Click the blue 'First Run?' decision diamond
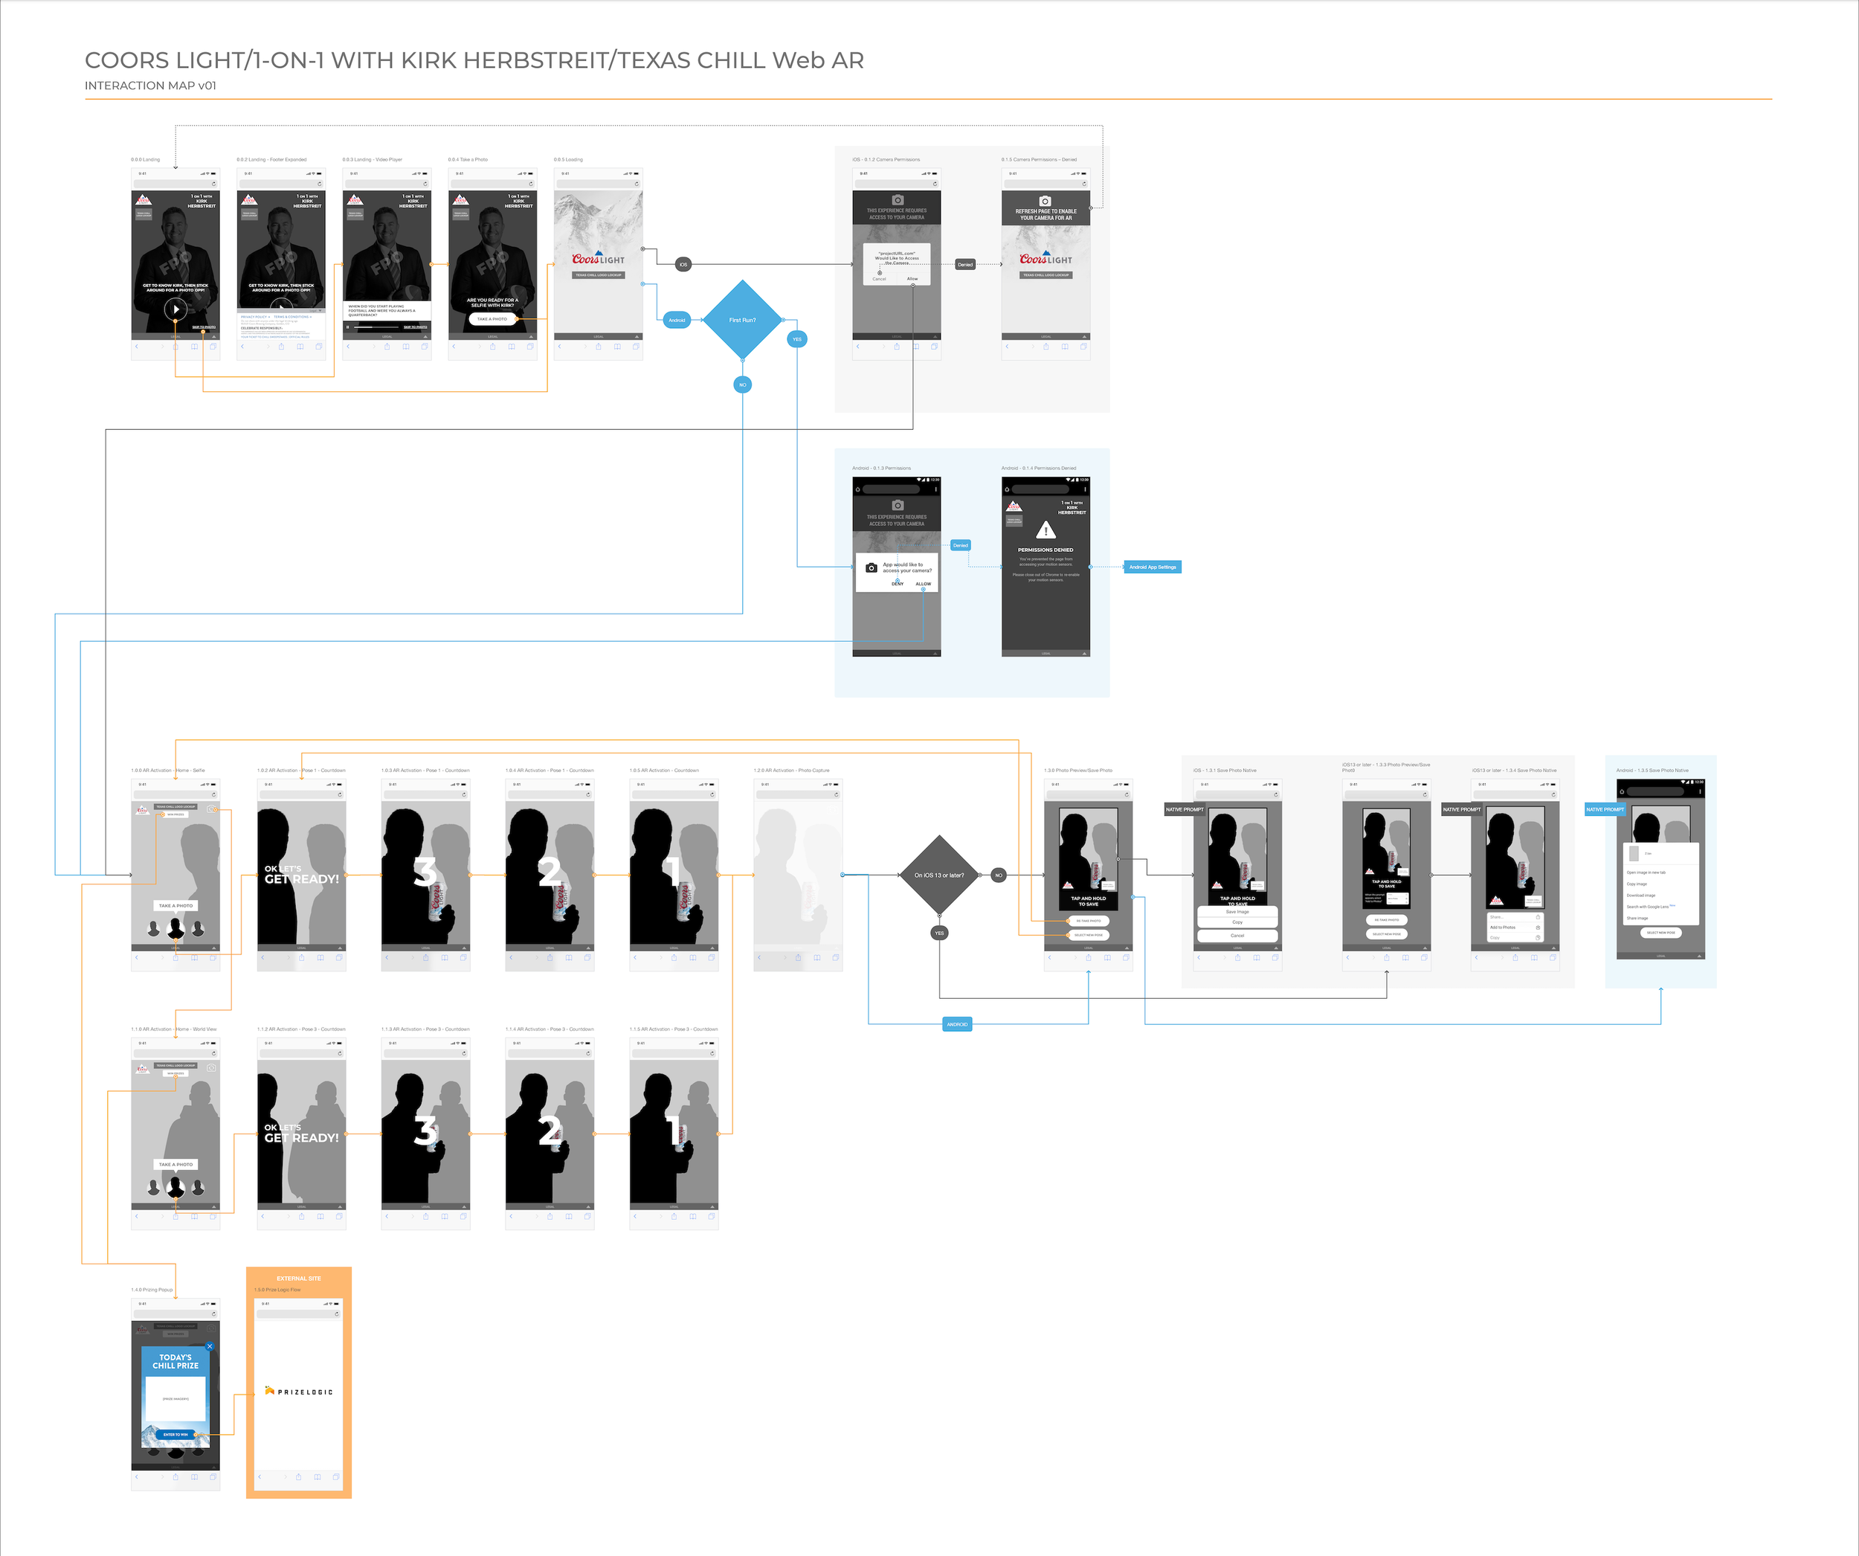pyautogui.click(x=742, y=320)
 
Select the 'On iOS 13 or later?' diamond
pyautogui.click(x=939, y=875)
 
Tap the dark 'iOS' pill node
pyautogui.click(x=683, y=264)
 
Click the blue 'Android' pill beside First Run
pyautogui.click(x=677, y=320)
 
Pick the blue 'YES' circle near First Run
pyautogui.click(x=796, y=339)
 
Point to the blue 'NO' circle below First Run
pyautogui.click(x=743, y=385)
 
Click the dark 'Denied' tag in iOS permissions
pyautogui.click(x=965, y=264)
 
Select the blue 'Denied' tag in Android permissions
pyautogui.click(x=961, y=545)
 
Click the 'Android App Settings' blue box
pyautogui.click(x=1153, y=567)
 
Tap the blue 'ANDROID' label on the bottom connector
pyautogui.click(x=957, y=1025)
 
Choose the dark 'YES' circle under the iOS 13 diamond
pyautogui.click(x=939, y=933)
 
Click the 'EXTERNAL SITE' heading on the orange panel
pyautogui.click(x=298, y=1278)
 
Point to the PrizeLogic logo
pyautogui.click(x=299, y=1392)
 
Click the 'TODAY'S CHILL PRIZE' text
pyautogui.click(x=175, y=1361)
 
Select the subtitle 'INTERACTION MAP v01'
pyautogui.click(x=150, y=86)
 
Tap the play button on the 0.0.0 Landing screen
pyautogui.click(x=175, y=309)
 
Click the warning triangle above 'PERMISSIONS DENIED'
pyautogui.click(x=1046, y=530)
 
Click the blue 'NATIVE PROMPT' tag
pyautogui.click(x=1604, y=809)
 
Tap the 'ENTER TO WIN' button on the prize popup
pyautogui.click(x=175, y=1435)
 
